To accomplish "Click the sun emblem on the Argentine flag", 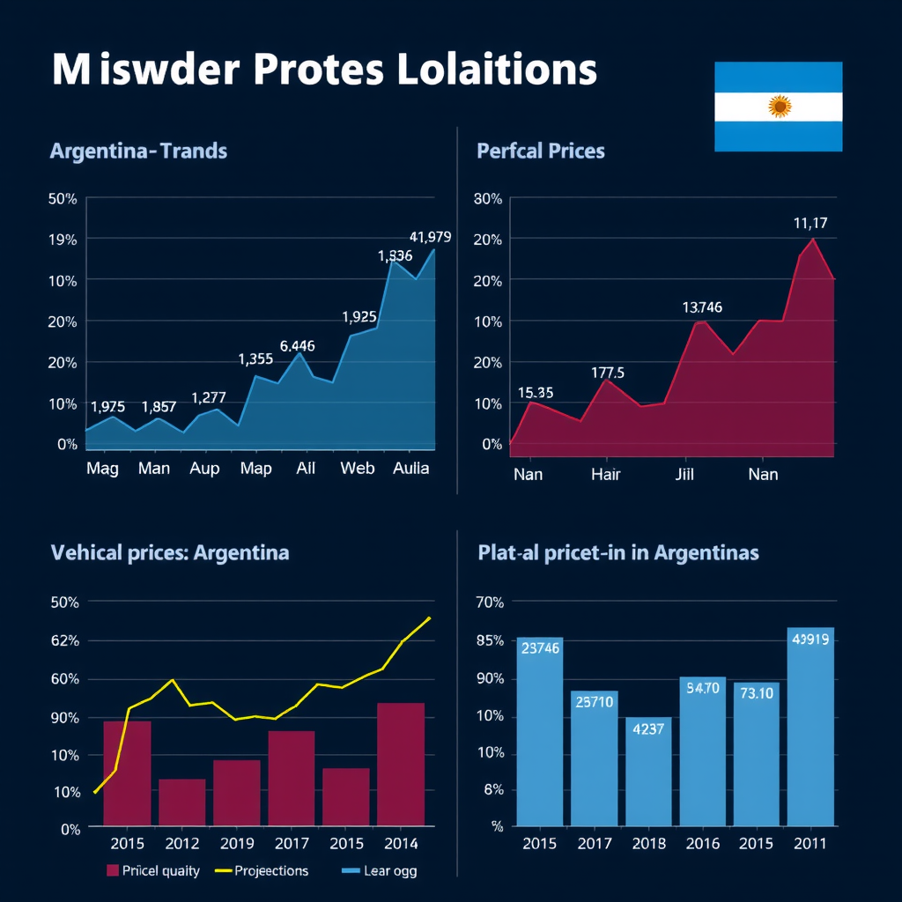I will (779, 107).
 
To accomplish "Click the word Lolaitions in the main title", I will (497, 70).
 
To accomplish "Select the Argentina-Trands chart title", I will (138, 151).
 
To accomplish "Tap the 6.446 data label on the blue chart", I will (297, 346).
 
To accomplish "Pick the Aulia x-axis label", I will (410, 468).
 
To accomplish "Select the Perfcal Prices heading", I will (541, 151).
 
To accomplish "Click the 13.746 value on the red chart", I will (702, 307).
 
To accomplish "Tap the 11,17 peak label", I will (810, 223).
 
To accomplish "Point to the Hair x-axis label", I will (605, 475).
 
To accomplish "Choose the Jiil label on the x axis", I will (684, 475).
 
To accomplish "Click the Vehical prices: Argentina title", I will (169, 553).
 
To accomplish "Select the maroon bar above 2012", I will (182, 802).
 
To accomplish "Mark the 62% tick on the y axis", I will (66, 640).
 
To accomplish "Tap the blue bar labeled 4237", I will (648, 771).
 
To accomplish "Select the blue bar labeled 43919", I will (810, 727).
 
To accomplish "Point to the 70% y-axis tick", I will (489, 603).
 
